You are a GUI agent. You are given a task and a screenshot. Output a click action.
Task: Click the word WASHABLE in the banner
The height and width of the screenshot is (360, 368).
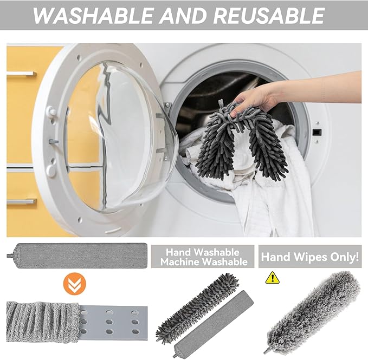[93, 16]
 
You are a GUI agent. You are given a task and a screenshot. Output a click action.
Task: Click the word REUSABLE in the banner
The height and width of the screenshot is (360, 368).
[269, 16]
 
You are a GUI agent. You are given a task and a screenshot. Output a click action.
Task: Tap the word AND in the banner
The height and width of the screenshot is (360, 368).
[183, 16]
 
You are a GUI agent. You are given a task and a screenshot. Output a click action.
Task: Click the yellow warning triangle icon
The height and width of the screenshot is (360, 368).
[272, 278]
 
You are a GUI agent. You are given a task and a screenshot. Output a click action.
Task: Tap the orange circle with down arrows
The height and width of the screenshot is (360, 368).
[75, 284]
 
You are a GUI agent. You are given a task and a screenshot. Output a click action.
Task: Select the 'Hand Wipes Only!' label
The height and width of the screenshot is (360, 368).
[310, 257]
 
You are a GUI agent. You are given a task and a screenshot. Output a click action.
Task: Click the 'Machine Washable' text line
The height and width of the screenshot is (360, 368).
[204, 262]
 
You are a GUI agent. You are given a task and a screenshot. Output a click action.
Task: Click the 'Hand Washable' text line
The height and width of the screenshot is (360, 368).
[203, 252]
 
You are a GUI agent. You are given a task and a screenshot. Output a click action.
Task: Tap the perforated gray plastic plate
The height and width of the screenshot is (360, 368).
[113, 323]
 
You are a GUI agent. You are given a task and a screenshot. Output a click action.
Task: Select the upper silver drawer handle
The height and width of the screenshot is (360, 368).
[22, 74]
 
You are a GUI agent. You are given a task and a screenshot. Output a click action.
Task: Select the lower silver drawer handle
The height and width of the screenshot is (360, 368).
[22, 201]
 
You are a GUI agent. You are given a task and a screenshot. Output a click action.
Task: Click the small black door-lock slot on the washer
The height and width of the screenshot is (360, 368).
[317, 133]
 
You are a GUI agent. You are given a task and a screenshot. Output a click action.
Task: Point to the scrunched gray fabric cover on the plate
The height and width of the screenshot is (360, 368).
[43, 322]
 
